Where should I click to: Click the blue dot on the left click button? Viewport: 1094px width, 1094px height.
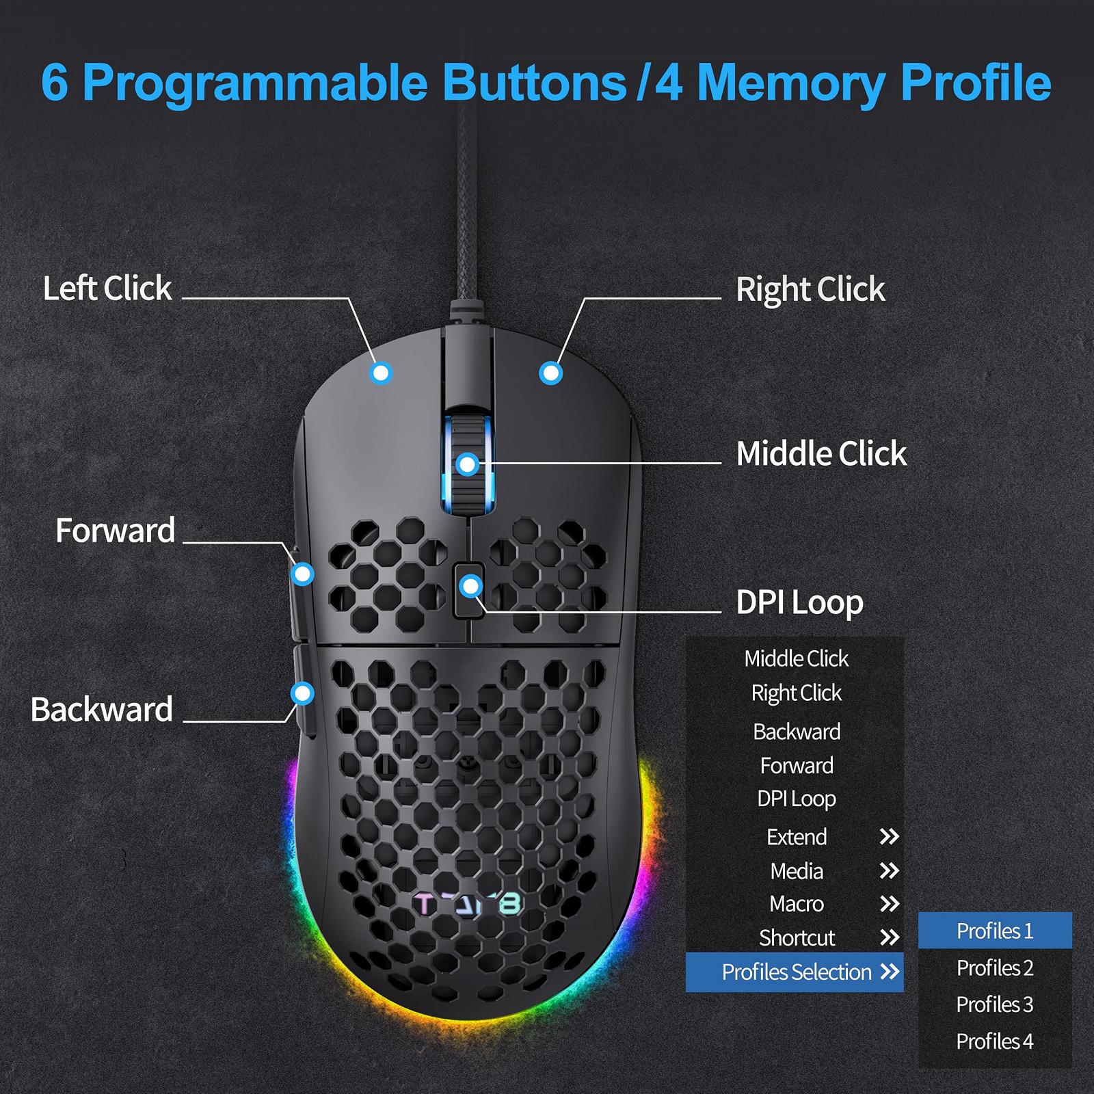[x=381, y=373]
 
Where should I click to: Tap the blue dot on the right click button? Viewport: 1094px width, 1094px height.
[x=550, y=373]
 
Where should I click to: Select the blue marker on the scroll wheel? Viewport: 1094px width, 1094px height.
[x=468, y=465]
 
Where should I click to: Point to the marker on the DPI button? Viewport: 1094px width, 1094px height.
[x=470, y=586]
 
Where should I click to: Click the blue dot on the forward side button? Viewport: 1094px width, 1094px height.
[x=302, y=574]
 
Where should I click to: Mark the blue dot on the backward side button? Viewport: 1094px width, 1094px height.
[x=302, y=693]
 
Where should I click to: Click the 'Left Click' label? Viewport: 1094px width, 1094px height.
[x=107, y=289]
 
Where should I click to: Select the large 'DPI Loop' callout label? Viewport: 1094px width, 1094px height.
[x=799, y=602]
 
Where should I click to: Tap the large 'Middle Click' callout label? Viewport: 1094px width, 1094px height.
[x=821, y=453]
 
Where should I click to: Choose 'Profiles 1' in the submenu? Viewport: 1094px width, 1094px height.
[x=995, y=931]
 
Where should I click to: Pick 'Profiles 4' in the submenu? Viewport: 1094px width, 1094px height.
[x=995, y=1041]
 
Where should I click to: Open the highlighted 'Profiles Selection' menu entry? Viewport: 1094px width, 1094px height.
[x=796, y=972]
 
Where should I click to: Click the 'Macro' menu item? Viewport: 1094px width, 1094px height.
[x=797, y=904]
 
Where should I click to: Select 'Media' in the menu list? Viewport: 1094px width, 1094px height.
[x=797, y=871]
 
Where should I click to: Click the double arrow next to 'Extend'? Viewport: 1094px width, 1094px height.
[x=889, y=837]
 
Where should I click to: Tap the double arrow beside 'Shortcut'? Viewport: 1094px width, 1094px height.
[x=889, y=937]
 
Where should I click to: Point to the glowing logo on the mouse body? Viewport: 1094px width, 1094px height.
[x=468, y=905]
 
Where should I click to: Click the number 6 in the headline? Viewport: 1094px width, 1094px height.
[x=55, y=83]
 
